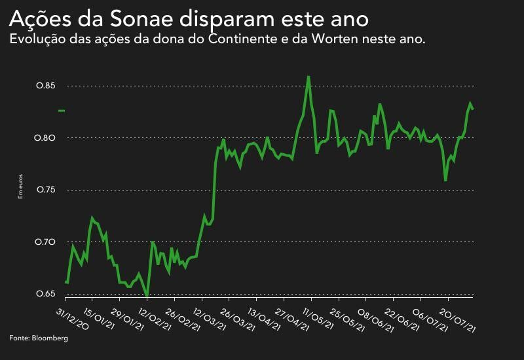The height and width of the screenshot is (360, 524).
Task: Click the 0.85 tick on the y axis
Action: tap(45, 86)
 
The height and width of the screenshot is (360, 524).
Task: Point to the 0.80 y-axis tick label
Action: tap(45, 138)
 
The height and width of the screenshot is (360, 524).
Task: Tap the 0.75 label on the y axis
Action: tap(45, 190)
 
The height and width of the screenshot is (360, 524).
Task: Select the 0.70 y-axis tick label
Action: tap(45, 242)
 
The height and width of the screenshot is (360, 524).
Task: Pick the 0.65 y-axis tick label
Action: tap(45, 294)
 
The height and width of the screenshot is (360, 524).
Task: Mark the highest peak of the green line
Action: tap(308, 77)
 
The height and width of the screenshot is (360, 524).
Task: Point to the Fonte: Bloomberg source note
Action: tap(39, 338)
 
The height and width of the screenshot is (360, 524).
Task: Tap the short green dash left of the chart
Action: tap(62, 111)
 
